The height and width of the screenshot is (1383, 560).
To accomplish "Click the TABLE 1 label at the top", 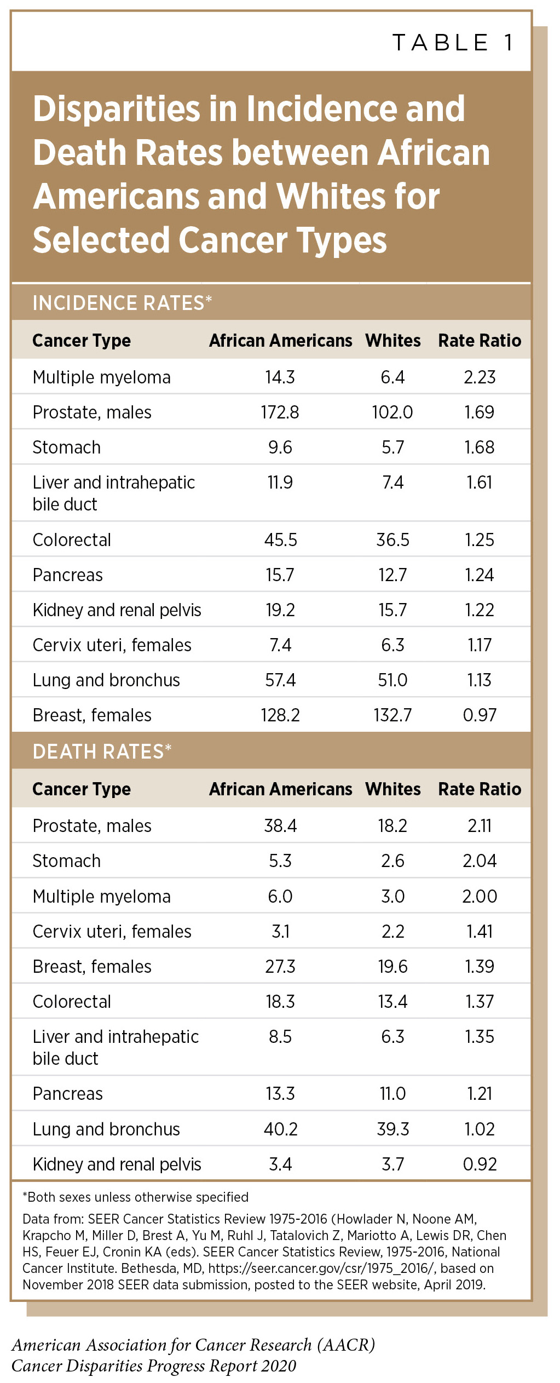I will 454,43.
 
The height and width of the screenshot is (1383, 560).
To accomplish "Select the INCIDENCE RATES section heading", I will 122,303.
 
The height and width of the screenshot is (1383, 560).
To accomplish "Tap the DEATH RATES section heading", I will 102,751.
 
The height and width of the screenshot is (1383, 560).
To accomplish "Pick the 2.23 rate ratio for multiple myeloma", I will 480,377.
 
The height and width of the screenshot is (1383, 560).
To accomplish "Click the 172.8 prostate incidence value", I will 280,412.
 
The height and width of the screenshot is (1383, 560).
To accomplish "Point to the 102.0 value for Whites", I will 392,412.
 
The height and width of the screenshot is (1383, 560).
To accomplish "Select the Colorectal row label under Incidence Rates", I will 72,540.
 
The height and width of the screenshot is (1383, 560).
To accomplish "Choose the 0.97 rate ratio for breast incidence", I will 480,715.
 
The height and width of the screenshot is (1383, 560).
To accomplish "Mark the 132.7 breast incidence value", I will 392,715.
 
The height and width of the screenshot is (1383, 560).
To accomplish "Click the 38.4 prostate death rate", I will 280,826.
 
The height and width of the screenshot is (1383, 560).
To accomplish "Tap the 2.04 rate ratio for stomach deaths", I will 480,861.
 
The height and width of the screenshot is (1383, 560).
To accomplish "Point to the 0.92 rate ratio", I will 480,1164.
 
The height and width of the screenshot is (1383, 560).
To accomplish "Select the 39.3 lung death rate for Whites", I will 392,1129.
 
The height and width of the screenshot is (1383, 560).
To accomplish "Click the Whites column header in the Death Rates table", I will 392,789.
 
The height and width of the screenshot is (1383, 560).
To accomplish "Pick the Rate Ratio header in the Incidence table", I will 480,341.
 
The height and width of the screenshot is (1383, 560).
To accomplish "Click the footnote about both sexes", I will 135,1197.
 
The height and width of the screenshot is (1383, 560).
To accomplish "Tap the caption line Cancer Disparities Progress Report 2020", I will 154,1365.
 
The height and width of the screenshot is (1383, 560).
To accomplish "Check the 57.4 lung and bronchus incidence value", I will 280,680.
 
